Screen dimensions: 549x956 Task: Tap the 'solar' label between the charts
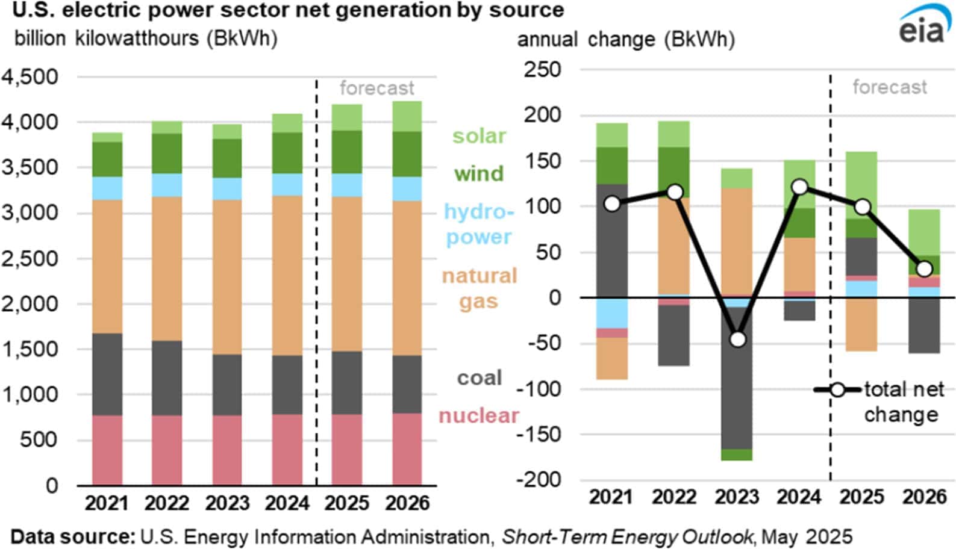click(x=479, y=135)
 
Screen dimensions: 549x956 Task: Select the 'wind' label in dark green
click(x=478, y=173)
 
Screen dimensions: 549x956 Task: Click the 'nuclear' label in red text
click(x=478, y=415)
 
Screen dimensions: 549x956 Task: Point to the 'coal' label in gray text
click(x=479, y=377)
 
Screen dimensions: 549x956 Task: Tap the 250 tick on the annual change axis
click(x=542, y=69)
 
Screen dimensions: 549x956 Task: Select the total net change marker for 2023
click(x=737, y=340)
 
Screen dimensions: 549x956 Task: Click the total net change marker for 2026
click(x=925, y=268)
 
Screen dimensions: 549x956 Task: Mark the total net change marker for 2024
click(x=800, y=187)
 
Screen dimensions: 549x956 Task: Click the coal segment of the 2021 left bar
click(x=107, y=374)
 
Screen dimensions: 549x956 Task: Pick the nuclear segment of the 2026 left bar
click(x=407, y=448)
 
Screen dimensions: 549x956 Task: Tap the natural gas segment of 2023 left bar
click(x=227, y=277)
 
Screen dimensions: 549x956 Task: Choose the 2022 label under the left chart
click(x=167, y=503)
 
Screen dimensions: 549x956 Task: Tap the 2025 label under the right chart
click(x=862, y=497)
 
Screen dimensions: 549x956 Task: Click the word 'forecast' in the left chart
click(x=376, y=88)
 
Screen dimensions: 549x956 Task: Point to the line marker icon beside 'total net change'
click(x=837, y=389)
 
